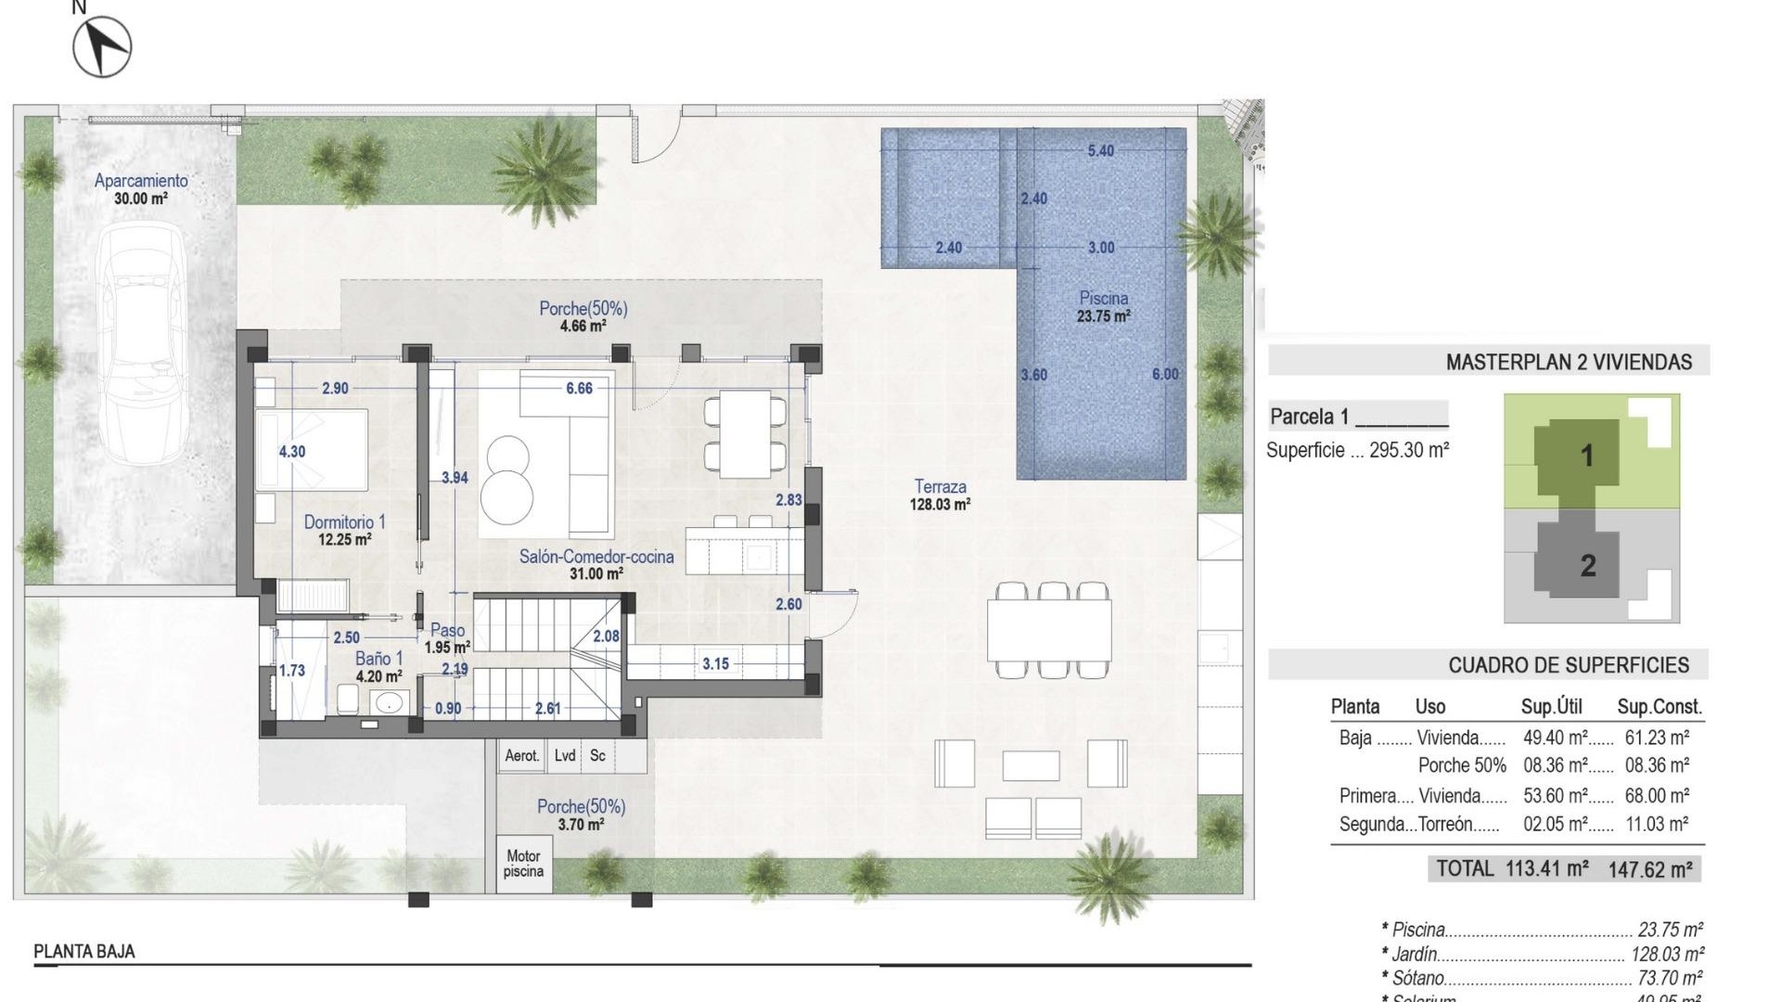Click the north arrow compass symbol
[102, 46]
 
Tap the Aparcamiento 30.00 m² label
[141, 189]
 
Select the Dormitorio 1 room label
[344, 530]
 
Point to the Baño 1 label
[378, 667]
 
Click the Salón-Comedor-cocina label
[596, 564]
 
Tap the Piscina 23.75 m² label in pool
[1103, 307]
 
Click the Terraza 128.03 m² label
[940, 495]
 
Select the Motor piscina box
[523, 864]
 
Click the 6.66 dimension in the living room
[579, 389]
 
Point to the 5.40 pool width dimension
[1100, 150]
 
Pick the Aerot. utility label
[521, 756]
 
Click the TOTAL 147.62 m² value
[1650, 869]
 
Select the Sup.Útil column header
[1551, 707]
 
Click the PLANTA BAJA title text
[84, 952]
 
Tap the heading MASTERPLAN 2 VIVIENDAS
[1569, 362]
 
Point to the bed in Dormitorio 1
[313, 450]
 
